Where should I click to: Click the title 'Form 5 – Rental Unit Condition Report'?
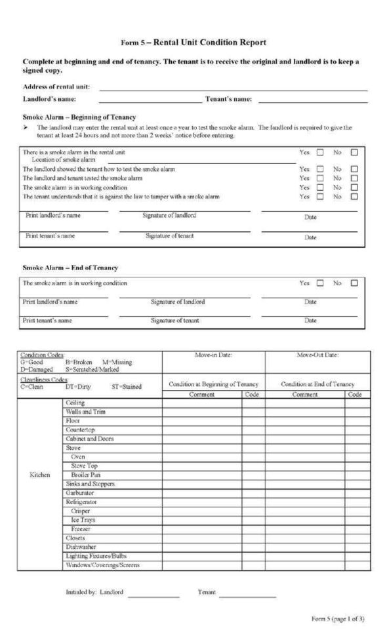point(193,43)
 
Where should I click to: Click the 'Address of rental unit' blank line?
point(233,89)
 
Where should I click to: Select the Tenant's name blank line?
point(312,102)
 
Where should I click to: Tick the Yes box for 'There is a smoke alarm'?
point(320,152)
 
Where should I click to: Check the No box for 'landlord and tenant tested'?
point(354,178)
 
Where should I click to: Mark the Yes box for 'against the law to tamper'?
point(320,196)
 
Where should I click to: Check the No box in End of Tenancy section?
point(354,283)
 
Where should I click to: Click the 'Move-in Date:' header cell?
point(213,355)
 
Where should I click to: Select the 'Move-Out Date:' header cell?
point(317,355)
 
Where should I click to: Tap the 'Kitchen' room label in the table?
point(40,475)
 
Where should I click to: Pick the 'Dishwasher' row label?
point(81,546)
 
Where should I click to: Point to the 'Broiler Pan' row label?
point(85,475)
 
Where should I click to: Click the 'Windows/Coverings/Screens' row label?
point(102,565)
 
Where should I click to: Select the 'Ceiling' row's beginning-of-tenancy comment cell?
point(202,403)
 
